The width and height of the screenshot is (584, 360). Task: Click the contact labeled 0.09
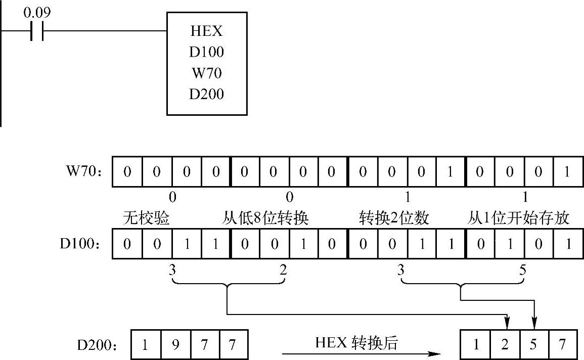pos(37,30)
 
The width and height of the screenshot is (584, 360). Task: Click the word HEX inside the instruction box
pos(206,31)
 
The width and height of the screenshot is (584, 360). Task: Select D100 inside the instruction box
pos(206,52)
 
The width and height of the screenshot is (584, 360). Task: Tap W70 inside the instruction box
pos(206,73)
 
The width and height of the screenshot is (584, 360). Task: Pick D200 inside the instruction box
pos(206,94)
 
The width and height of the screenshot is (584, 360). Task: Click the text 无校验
pos(146,218)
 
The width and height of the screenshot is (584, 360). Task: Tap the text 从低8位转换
pos(265,218)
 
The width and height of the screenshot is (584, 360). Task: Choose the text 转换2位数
pos(394,218)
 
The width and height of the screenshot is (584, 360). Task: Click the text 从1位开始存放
pos(518,218)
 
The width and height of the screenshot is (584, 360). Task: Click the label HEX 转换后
pos(356,343)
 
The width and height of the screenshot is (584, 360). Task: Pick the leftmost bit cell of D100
pos(127,244)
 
